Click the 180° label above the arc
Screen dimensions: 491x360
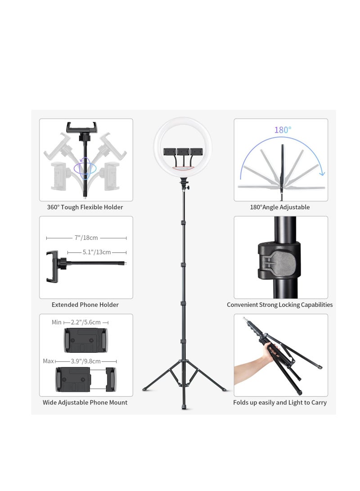coord(283,130)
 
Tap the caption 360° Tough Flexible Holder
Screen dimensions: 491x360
coord(85,207)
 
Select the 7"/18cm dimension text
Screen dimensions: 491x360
coord(86,238)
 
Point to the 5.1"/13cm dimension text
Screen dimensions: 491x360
coord(96,252)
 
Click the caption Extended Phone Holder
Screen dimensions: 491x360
coord(85,305)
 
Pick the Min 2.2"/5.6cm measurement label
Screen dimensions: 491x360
coord(81,322)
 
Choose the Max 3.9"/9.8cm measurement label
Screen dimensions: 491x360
coord(85,361)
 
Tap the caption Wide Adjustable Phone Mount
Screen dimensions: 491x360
coord(85,402)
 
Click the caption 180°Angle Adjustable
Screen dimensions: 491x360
coord(280,207)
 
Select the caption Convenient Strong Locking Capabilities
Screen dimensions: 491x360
coord(280,305)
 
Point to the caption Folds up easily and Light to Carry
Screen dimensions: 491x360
coord(280,402)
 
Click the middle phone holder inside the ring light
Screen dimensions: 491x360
coord(183,152)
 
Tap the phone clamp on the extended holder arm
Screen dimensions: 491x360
coord(52,267)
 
